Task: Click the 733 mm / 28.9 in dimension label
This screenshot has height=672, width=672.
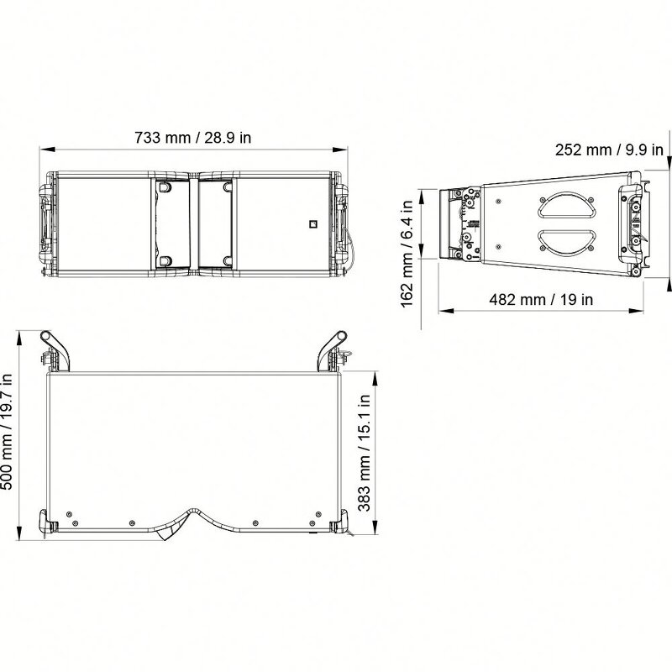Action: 193,139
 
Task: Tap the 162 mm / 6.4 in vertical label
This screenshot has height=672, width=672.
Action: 407,252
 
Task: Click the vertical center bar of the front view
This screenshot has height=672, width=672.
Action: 194,223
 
